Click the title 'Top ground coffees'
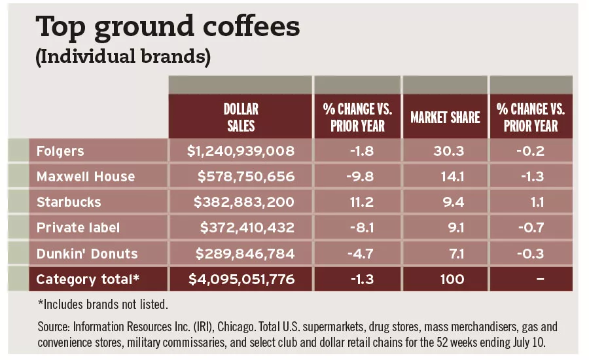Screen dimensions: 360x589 (x=168, y=27)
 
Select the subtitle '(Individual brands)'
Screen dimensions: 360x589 (x=122, y=57)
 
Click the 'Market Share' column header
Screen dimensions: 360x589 (x=445, y=117)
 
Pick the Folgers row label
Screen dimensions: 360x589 (x=60, y=151)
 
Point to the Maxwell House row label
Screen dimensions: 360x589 (x=86, y=177)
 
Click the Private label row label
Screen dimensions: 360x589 (x=78, y=228)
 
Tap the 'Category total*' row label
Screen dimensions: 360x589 (x=88, y=279)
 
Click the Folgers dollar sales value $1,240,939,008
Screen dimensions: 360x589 (x=241, y=151)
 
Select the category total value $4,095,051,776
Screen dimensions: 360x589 (x=241, y=279)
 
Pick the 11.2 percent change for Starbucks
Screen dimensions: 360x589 (x=357, y=202)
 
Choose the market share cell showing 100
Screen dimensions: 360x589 (x=452, y=279)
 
